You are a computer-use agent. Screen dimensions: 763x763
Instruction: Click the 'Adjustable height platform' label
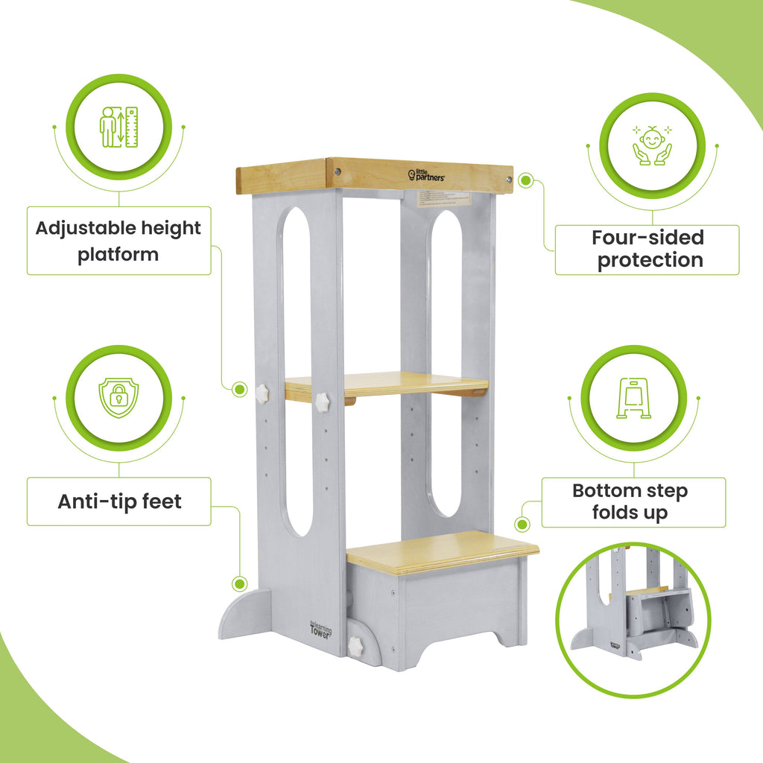tap(118, 241)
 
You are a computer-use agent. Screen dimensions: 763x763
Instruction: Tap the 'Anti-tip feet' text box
tap(119, 501)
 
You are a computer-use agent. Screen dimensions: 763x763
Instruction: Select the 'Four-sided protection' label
tap(647, 249)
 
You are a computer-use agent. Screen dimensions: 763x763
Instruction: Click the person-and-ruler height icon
tap(119, 127)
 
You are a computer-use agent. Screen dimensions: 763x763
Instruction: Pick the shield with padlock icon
tap(119, 397)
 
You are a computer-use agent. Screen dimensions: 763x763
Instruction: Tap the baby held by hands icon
tap(652, 145)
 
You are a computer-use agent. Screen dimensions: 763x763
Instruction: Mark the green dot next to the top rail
tap(525, 180)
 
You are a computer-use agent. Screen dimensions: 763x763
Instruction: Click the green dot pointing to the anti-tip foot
tap(239, 583)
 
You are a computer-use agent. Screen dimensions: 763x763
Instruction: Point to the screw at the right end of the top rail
tap(508, 179)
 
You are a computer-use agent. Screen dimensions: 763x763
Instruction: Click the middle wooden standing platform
tap(386, 384)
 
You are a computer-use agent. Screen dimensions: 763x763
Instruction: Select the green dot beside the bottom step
tap(524, 526)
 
